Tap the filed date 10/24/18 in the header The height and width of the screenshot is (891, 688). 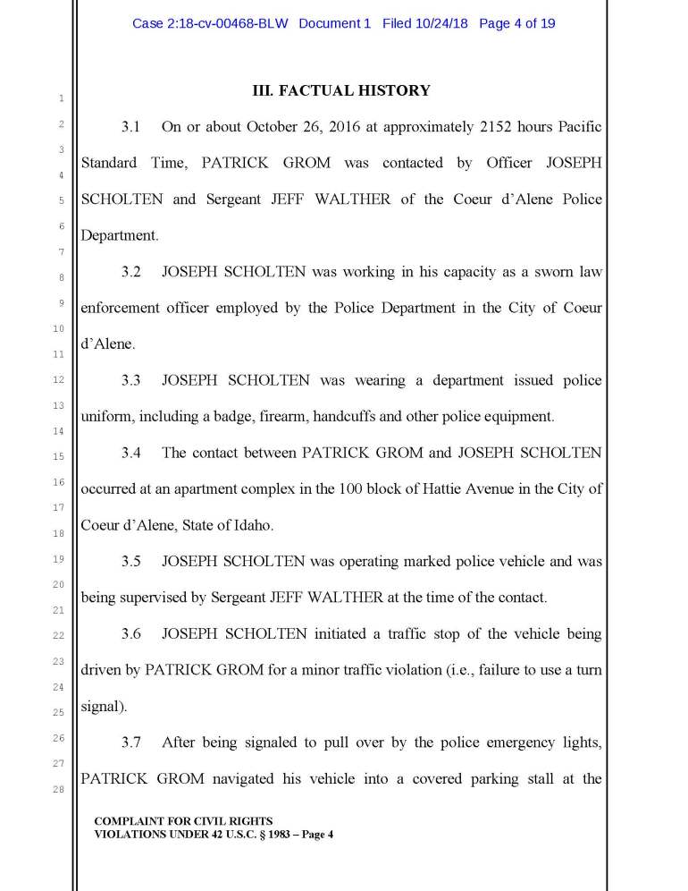(440, 23)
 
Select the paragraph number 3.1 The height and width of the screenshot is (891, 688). (131, 127)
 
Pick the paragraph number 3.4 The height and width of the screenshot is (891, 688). (131, 453)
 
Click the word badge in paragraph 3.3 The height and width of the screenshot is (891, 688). (228, 416)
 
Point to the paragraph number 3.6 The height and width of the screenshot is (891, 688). (131, 634)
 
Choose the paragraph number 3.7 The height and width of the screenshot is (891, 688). (131, 742)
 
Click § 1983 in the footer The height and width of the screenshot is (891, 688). (261, 834)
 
